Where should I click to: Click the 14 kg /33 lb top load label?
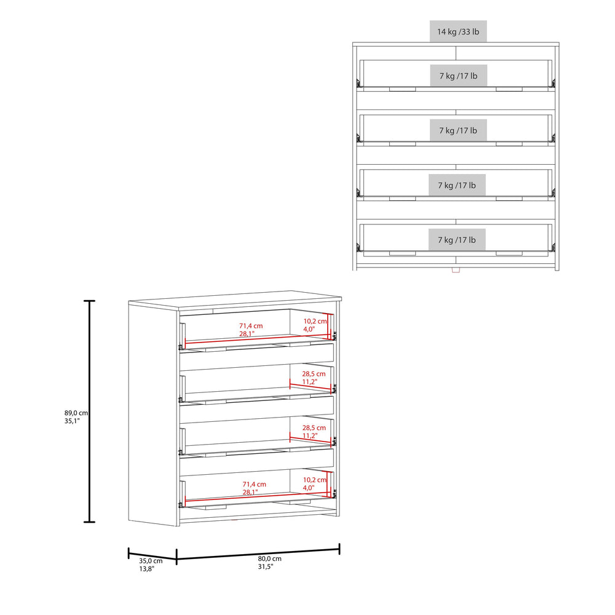coord(458,31)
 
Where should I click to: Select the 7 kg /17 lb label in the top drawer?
coord(458,76)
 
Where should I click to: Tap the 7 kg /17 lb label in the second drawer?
coord(458,131)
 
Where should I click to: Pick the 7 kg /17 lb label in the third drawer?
coord(457,185)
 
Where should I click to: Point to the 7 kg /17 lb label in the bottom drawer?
coord(457,240)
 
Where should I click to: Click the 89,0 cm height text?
coord(76,413)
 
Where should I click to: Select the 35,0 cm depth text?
coord(151,560)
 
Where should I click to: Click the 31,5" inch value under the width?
coord(266,567)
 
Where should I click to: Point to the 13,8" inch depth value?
coord(146,569)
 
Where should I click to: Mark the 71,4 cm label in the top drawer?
coord(251,326)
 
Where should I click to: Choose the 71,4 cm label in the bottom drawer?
coord(253,484)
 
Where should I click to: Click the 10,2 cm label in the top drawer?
coord(314,321)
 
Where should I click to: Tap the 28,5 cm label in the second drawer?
coord(314,374)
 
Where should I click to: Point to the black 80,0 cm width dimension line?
coord(258,553)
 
